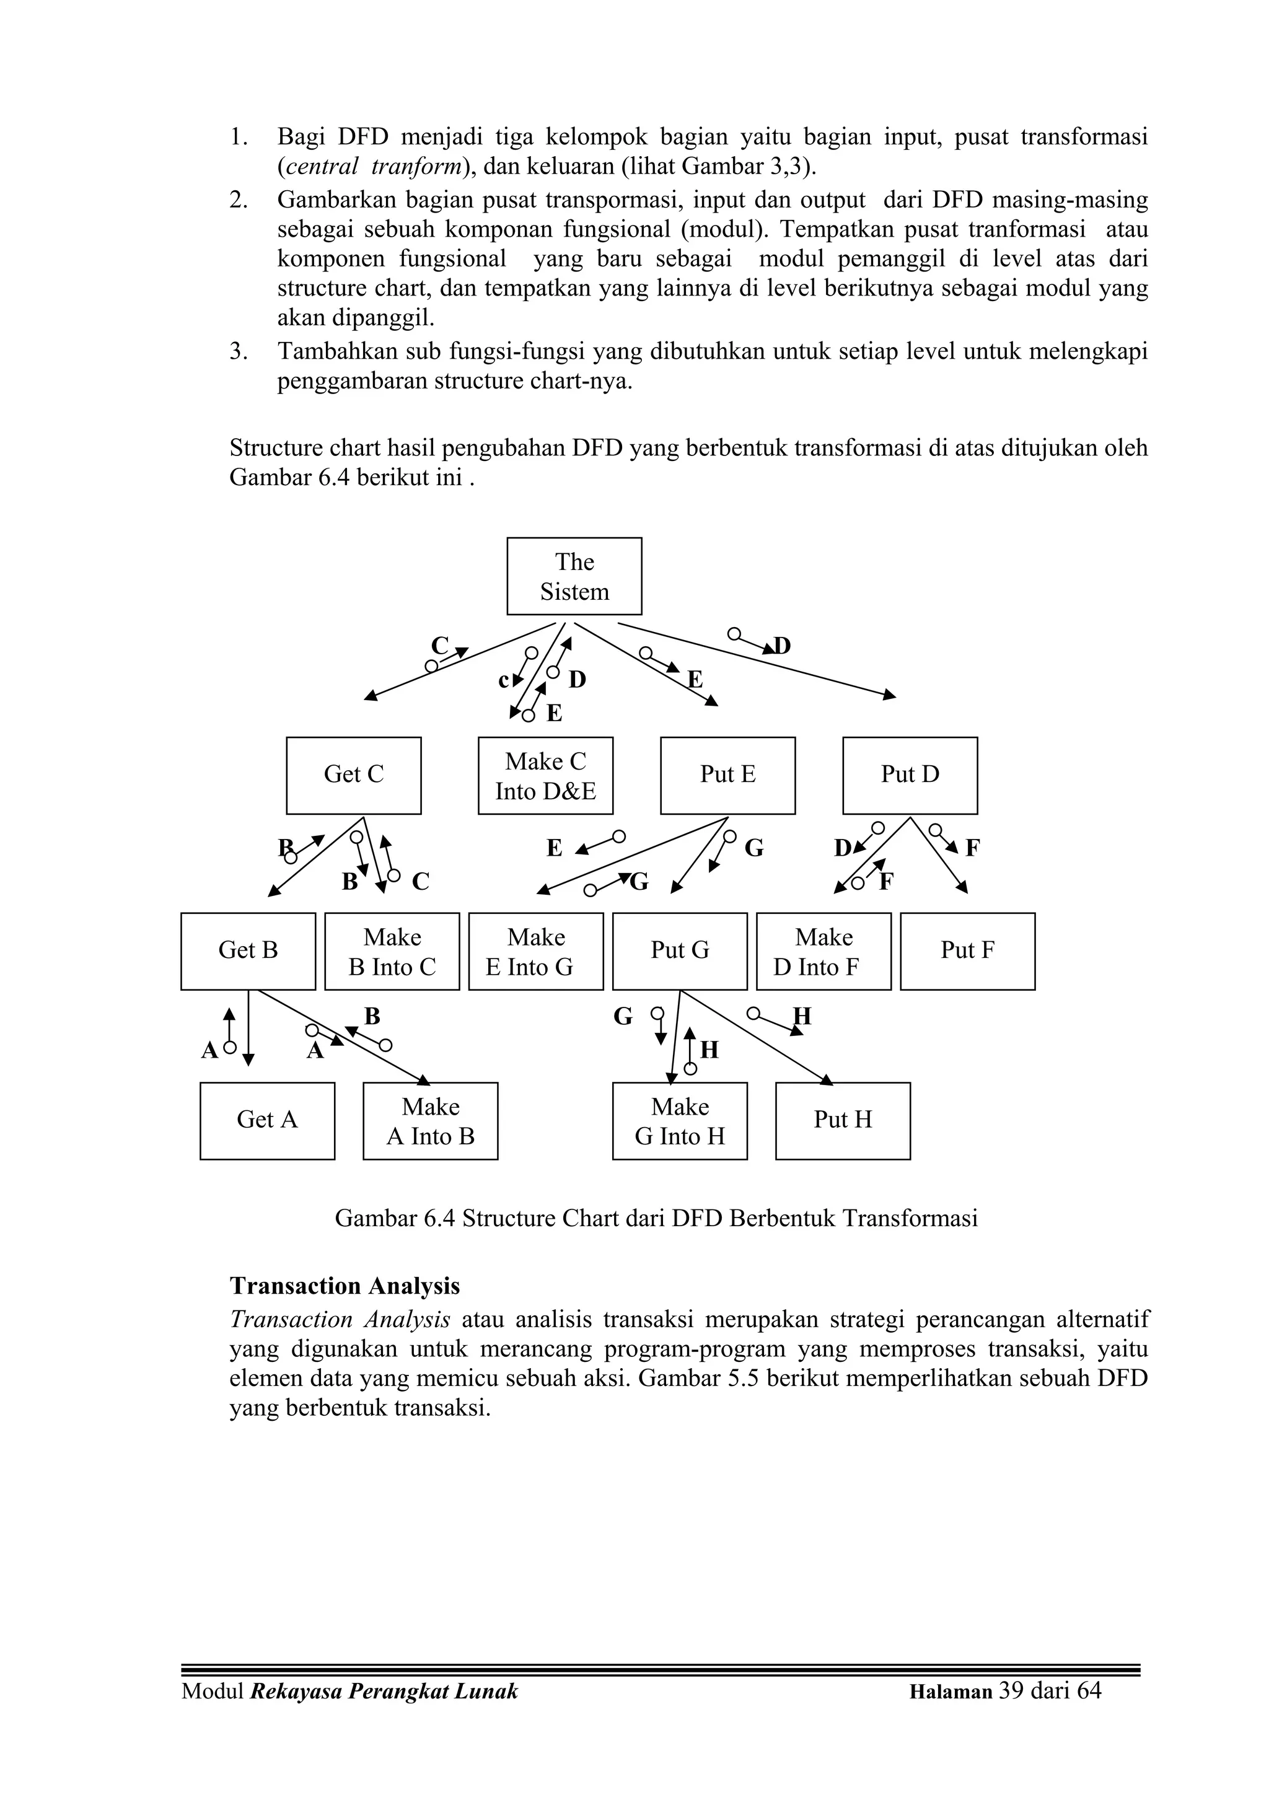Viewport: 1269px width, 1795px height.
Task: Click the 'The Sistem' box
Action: tap(574, 576)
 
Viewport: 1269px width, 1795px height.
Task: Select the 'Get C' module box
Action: tap(353, 775)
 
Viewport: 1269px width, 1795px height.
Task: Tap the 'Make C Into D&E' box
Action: tap(545, 775)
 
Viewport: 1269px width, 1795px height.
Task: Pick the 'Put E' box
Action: tap(727, 775)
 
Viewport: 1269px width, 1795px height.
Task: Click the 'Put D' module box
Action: tap(910, 775)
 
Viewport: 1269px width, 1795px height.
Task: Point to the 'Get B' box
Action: tap(248, 950)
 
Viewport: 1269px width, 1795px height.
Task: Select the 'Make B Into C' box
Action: tap(392, 950)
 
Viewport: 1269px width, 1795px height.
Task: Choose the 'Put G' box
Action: tap(680, 950)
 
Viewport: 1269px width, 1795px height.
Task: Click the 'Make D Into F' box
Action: tap(823, 950)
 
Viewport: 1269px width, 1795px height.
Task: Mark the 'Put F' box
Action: tap(967, 950)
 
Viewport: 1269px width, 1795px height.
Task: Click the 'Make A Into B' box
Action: tap(430, 1120)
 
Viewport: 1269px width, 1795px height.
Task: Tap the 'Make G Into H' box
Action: tap(680, 1120)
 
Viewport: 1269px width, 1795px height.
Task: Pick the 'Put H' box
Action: tap(842, 1120)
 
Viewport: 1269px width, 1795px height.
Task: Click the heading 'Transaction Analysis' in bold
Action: tap(345, 1286)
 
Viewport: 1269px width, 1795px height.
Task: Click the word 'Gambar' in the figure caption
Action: tap(371, 1218)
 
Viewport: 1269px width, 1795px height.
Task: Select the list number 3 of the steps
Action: tap(238, 352)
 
